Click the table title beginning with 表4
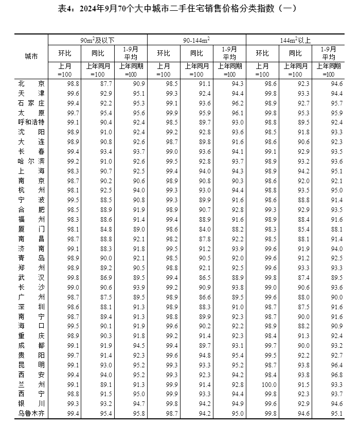[x=180, y=8]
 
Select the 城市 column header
[x=31, y=57]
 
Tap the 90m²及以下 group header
[x=98, y=40]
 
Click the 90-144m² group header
[x=196, y=40]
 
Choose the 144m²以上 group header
[x=295, y=40]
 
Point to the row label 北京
[x=31, y=83]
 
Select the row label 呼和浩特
[x=31, y=122]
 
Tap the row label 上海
[x=31, y=170]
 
